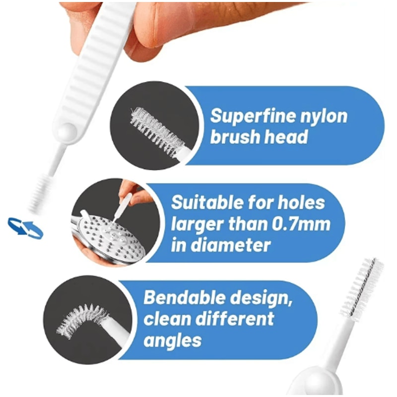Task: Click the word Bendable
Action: point(183,298)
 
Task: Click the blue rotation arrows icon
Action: point(25,228)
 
